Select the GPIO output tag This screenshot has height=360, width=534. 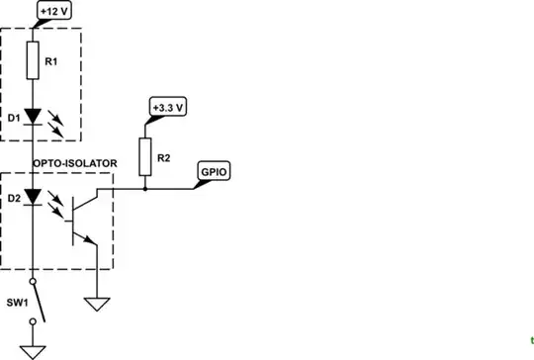(214, 170)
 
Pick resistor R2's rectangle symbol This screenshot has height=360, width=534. (145, 153)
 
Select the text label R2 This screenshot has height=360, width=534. (165, 155)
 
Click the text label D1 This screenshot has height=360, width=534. (12, 119)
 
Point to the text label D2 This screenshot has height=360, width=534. (12, 199)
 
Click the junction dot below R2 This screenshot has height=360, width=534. (145, 187)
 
